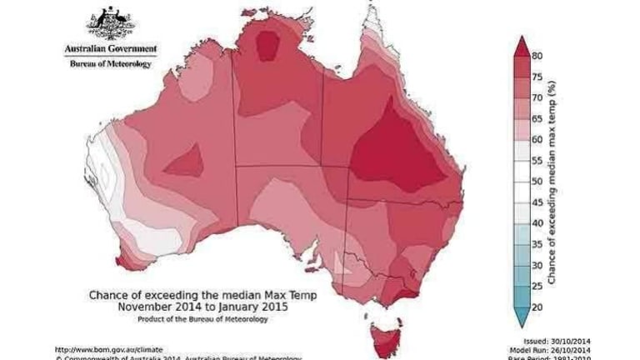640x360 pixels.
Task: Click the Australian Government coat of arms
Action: click(x=109, y=22)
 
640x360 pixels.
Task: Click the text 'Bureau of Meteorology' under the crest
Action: click(x=109, y=63)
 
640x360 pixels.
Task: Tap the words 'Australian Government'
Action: click(x=109, y=49)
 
